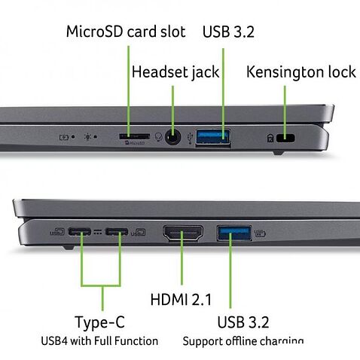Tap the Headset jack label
[x=175, y=72]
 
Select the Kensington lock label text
[x=301, y=72]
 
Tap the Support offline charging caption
[x=243, y=341]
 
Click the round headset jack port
[x=175, y=138]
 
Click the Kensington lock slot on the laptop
[x=285, y=139]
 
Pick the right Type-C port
[x=117, y=233]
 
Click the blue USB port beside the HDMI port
[x=233, y=233]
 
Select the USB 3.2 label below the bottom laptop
[x=242, y=323]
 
